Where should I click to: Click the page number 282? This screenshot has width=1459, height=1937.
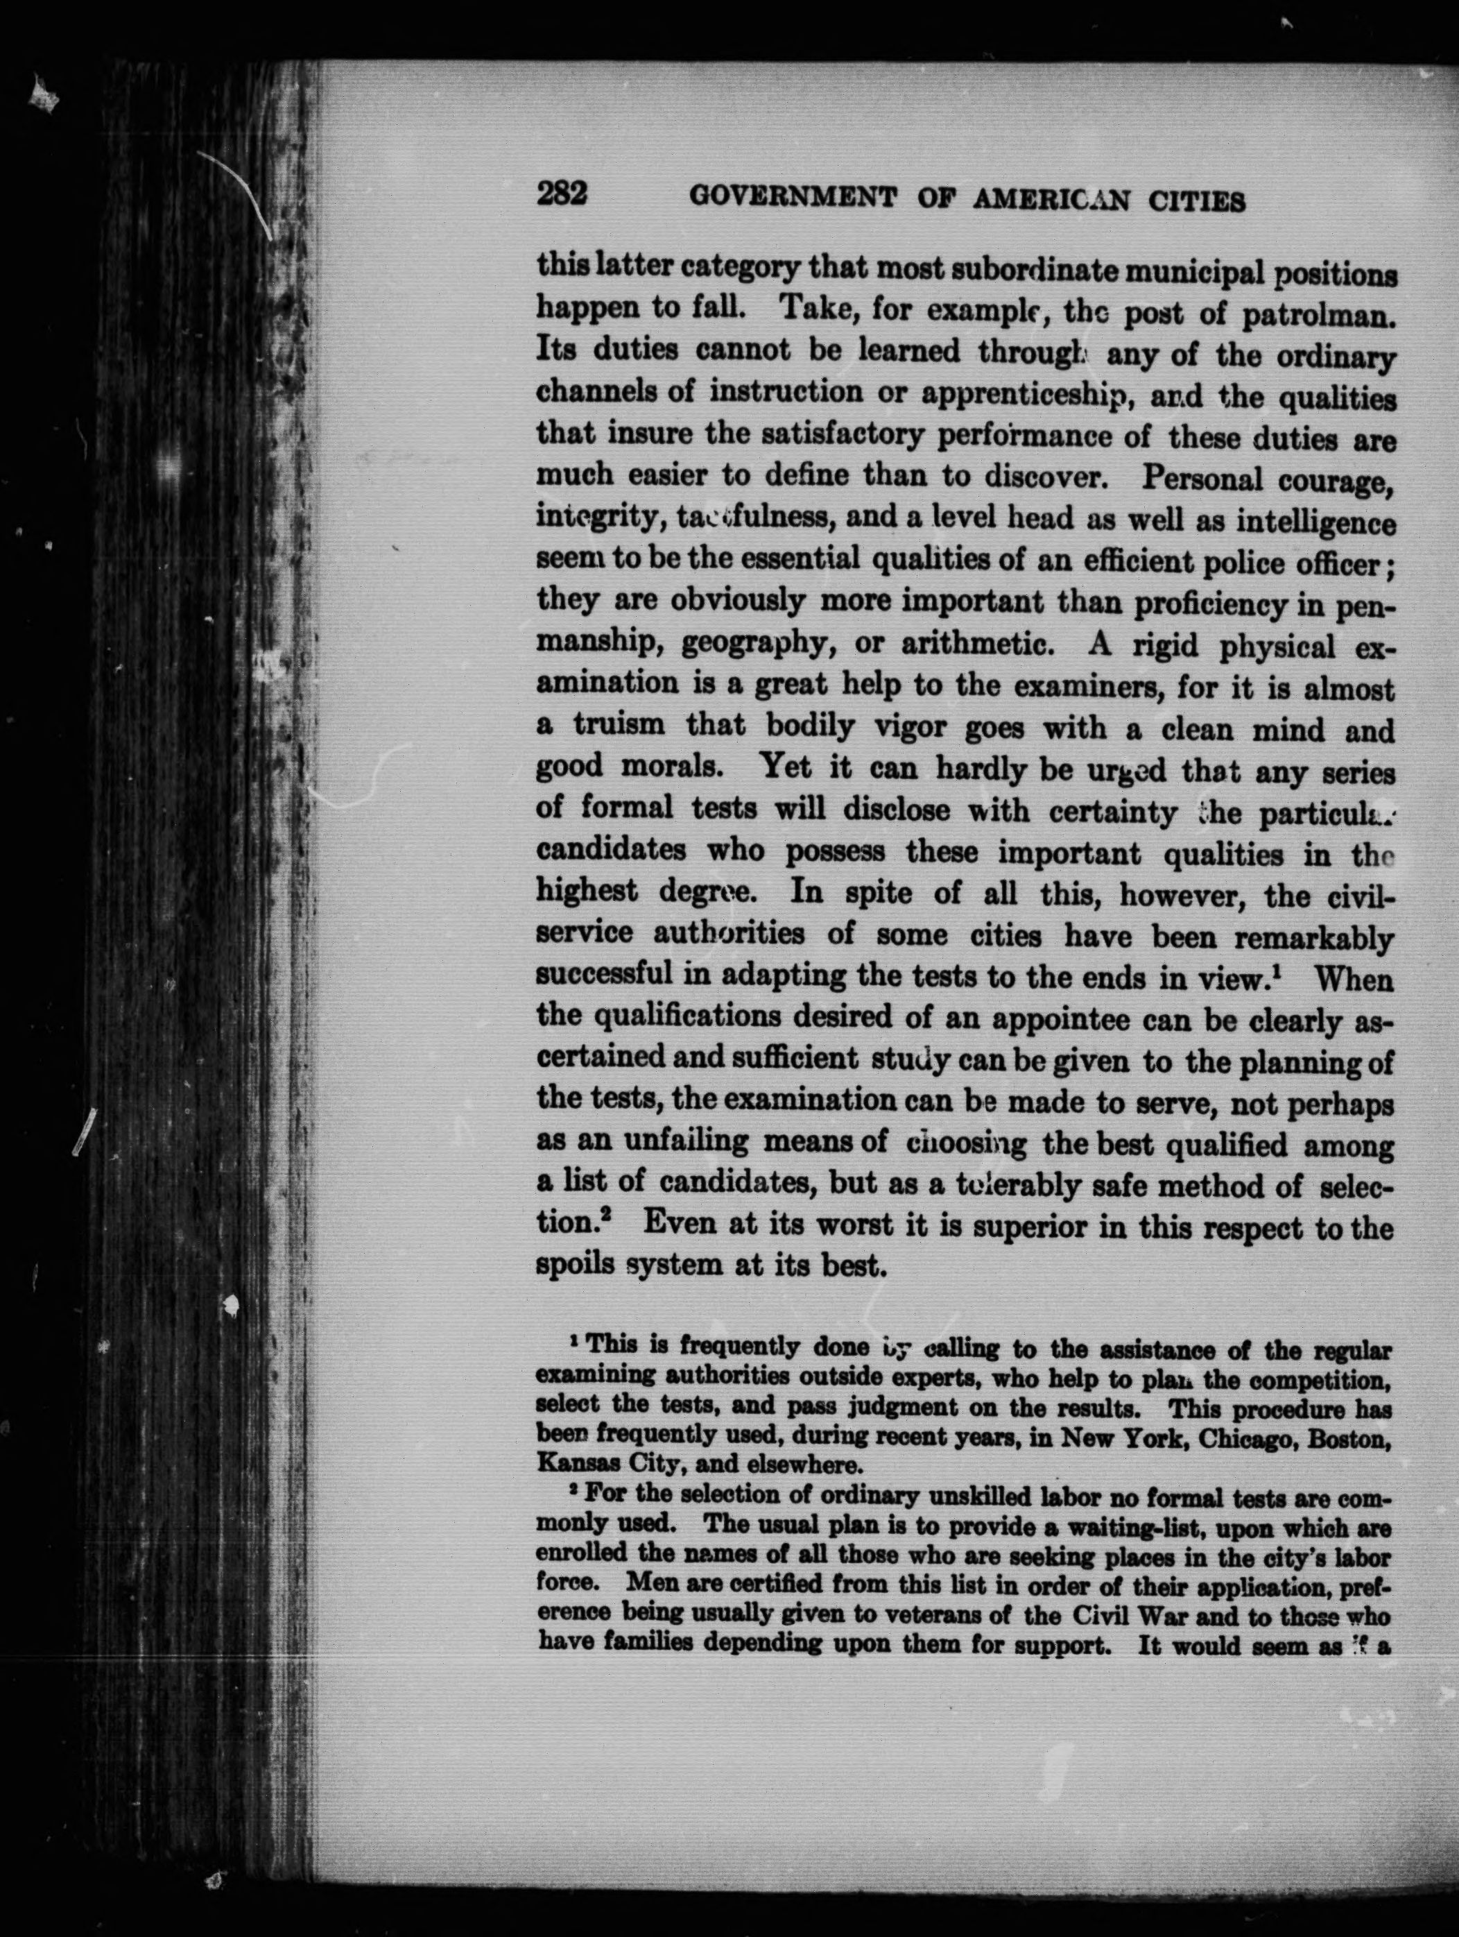tap(561, 194)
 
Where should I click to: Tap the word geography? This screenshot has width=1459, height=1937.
tap(754, 647)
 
